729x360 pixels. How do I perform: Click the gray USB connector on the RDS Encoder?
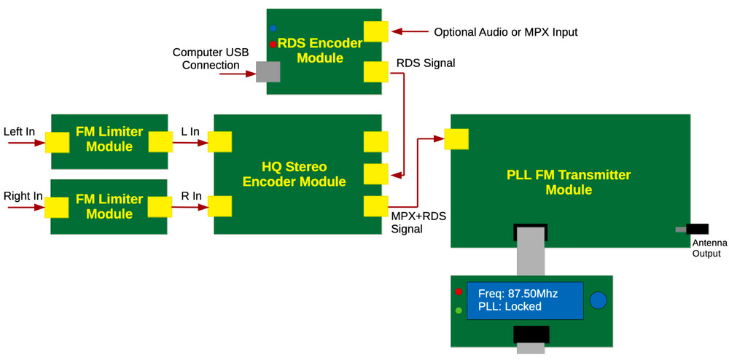pyautogui.click(x=268, y=71)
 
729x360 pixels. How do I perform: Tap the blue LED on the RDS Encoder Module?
pyautogui.click(x=273, y=28)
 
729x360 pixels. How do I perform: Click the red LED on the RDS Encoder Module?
pyautogui.click(x=273, y=44)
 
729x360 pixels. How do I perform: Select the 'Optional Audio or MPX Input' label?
pyautogui.click(x=505, y=32)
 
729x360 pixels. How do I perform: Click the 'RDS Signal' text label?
pyautogui.click(x=425, y=63)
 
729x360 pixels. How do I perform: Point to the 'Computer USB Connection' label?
pyautogui.click(x=206, y=59)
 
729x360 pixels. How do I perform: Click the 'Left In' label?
pyautogui.click(x=18, y=132)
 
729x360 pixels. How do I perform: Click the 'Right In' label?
pyautogui.click(x=22, y=196)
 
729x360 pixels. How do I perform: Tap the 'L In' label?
pyautogui.click(x=190, y=131)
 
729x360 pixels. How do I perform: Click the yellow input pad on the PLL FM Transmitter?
pyautogui.click(x=456, y=138)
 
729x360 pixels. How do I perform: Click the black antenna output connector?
pyautogui.click(x=696, y=229)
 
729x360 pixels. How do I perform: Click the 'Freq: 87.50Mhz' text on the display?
pyautogui.click(x=518, y=294)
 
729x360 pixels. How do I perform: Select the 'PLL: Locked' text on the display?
pyautogui.click(x=510, y=307)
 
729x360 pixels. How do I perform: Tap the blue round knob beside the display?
pyautogui.click(x=598, y=300)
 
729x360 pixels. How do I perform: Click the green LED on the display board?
pyautogui.click(x=459, y=310)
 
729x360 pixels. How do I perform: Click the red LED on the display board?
pyautogui.click(x=459, y=291)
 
